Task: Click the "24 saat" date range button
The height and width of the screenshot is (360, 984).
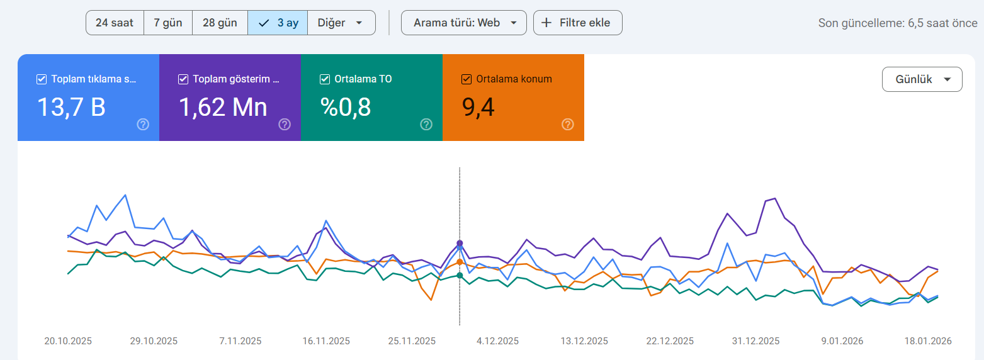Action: pos(115,23)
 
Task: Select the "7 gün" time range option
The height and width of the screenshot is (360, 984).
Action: pos(168,23)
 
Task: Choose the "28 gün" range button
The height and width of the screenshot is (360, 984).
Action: pos(220,23)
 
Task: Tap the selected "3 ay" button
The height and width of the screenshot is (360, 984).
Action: pos(278,23)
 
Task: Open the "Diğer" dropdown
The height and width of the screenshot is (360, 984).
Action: pos(341,23)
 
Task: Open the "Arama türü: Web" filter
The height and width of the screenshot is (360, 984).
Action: pos(464,23)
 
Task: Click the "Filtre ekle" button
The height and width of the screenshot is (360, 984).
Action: pos(578,23)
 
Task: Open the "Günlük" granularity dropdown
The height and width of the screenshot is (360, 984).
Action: pos(922,79)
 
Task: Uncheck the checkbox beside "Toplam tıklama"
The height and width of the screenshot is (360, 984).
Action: pos(42,79)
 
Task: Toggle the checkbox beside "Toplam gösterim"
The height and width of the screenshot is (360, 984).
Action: pos(183,79)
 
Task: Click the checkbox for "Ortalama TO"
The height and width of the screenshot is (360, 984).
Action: pos(325,79)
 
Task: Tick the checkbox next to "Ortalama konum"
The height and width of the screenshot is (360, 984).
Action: pos(467,79)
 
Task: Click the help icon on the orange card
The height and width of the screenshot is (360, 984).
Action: pos(568,125)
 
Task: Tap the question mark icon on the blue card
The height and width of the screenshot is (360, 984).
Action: pos(143,125)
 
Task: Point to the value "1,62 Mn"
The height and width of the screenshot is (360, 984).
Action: pos(223,107)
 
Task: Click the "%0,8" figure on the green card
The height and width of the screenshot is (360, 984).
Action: pos(346,107)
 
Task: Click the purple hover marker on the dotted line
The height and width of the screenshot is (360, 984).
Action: pos(460,243)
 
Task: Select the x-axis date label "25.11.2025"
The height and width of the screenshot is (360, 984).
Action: pos(412,341)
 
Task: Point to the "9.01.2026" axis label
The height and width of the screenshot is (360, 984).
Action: pos(842,341)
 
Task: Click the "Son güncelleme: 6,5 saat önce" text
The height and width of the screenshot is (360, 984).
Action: pos(898,23)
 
